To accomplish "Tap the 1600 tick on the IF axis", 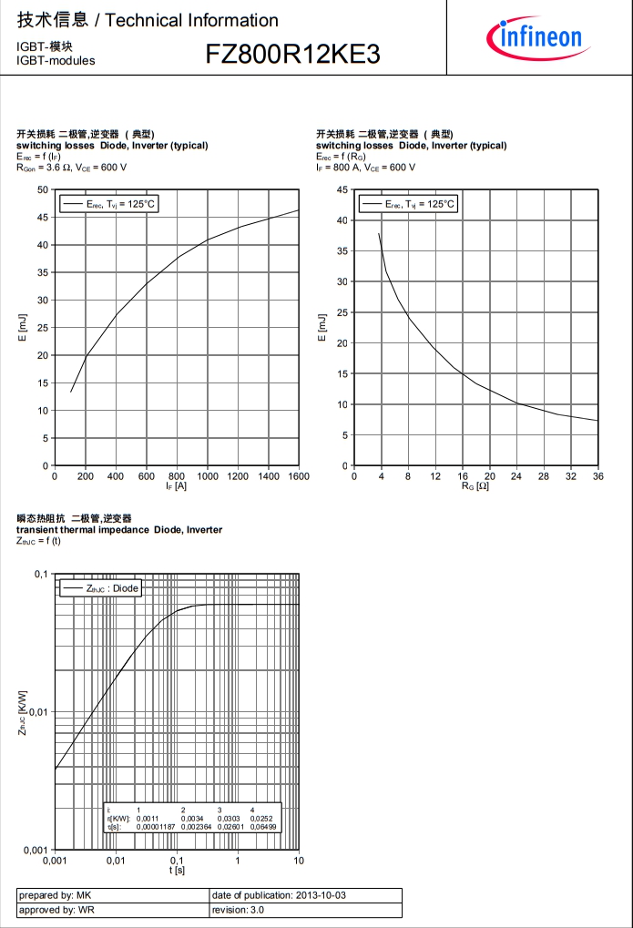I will click(x=299, y=476).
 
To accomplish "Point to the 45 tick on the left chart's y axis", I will click(x=43, y=217).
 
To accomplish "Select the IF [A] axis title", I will click(x=177, y=487).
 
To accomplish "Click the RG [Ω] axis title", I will click(x=475, y=487).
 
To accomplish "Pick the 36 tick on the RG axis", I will click(x=597, y=476).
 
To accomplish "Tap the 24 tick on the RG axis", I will click(x=516, y=476).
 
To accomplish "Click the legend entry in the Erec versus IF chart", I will click(x=108, y=204).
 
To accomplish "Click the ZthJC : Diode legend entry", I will click(x=100, y=588).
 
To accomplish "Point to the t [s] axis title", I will click(x=177, y=872).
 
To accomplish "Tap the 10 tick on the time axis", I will click(x=299, y=861).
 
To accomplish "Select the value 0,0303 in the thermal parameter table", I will click(x=228, y=819).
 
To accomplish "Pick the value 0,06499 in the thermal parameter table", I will click(x=261, y=827).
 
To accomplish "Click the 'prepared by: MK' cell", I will click(x=55, y=895).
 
